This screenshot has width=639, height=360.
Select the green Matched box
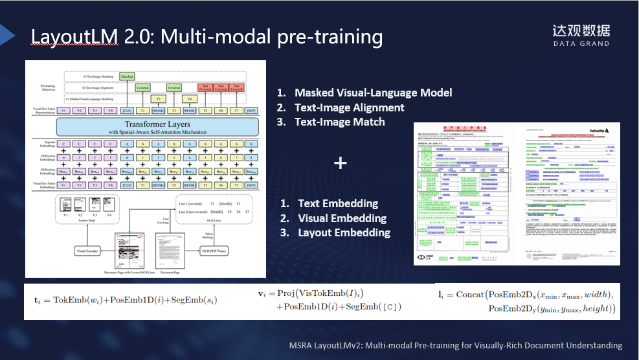(127, 76)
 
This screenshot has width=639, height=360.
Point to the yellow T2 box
(158, 99)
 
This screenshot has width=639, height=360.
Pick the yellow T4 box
(190, 99)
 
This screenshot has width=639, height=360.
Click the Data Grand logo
(581, 35)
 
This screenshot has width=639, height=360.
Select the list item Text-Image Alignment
(349, 107)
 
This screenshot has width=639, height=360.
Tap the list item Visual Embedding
(342, 218)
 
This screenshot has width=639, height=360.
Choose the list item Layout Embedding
(344, 232)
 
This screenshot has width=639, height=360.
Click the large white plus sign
(341, 163)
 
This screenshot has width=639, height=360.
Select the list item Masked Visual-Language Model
(373, 93)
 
